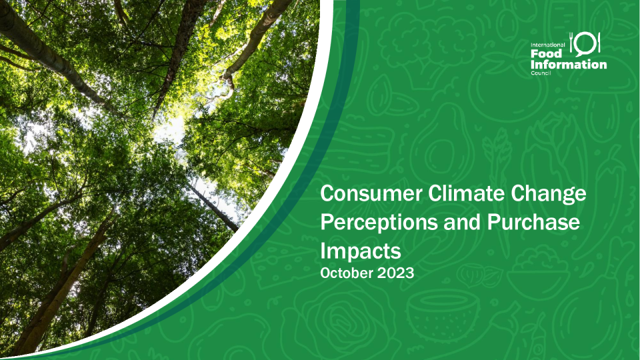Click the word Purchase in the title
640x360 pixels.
(x=533, y=222)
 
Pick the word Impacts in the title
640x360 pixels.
(x=361, y=251)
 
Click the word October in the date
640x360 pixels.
(x=346, y=273)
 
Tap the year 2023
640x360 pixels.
(x=395, y=273)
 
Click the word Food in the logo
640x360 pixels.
(x=546, y=53)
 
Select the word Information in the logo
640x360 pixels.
(x=569, y=65)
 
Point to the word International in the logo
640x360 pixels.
(x=548, y=45)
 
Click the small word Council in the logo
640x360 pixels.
(x=541, y=73)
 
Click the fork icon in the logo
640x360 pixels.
(x=572, y=42)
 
